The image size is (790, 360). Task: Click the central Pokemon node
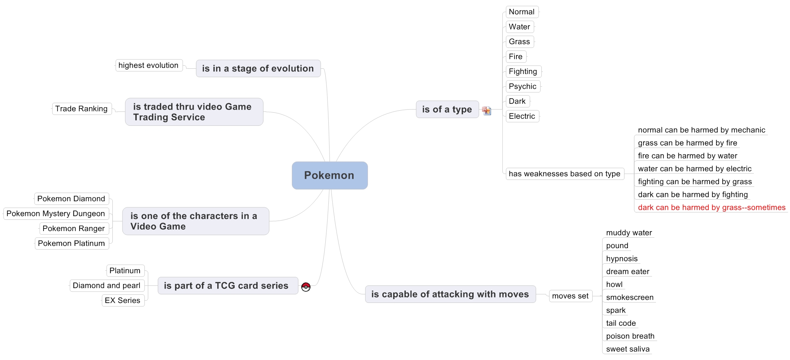[330, 176]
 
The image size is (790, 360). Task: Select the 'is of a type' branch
[447, 110]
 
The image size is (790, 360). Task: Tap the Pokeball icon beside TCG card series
[306, 287]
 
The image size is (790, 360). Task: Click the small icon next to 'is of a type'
[487, 111]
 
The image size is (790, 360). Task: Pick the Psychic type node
[523, 86]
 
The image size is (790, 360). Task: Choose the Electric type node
[522, 116]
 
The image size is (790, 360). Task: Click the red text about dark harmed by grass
[712, 207]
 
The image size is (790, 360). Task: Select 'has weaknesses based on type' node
[565, 174]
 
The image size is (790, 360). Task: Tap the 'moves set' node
[570, 296]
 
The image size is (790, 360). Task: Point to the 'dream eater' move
[628, 271]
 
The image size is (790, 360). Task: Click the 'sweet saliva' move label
[628, 349]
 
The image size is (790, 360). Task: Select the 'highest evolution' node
[148, 65]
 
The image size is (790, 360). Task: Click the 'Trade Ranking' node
[82, 109]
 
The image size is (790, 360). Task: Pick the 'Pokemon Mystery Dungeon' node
[56, 214]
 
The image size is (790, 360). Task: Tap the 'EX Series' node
[123, 300]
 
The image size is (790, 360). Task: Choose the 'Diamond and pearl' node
[107, 285]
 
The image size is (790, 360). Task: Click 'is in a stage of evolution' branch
[258, 68]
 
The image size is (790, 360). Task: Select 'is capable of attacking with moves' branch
[450, 294]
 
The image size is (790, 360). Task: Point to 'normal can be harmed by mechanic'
[701, 130]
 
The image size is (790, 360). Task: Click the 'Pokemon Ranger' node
[74, 228]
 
